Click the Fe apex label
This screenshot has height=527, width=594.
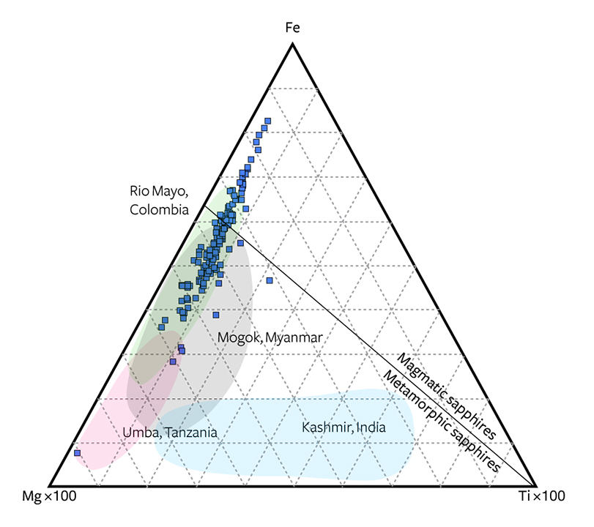click(292, 28)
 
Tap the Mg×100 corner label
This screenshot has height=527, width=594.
click(49, 496)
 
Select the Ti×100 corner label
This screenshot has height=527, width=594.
click(542, 496)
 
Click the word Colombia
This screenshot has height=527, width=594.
click(159, 210)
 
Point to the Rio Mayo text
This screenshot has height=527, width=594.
click(159, 191)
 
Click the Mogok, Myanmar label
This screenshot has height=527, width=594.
click(270, 337)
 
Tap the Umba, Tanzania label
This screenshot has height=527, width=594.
click(170, 433)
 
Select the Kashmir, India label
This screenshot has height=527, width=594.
click(344, 427)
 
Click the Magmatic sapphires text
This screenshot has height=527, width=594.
click(446, 396)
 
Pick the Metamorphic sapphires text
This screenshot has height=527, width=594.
click(442, 421)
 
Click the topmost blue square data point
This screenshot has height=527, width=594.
click(268, 122)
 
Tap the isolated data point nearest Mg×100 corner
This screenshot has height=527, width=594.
click(78, 453)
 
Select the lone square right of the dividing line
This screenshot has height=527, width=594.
click(270, 280)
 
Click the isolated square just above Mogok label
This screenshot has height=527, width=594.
click(216, 315)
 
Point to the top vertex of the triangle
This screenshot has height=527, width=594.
click(292, 45)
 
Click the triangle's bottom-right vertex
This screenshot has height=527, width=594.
click(535, 486)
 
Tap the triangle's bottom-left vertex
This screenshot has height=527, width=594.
click(50, 486)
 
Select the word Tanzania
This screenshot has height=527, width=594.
click(191, 433)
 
